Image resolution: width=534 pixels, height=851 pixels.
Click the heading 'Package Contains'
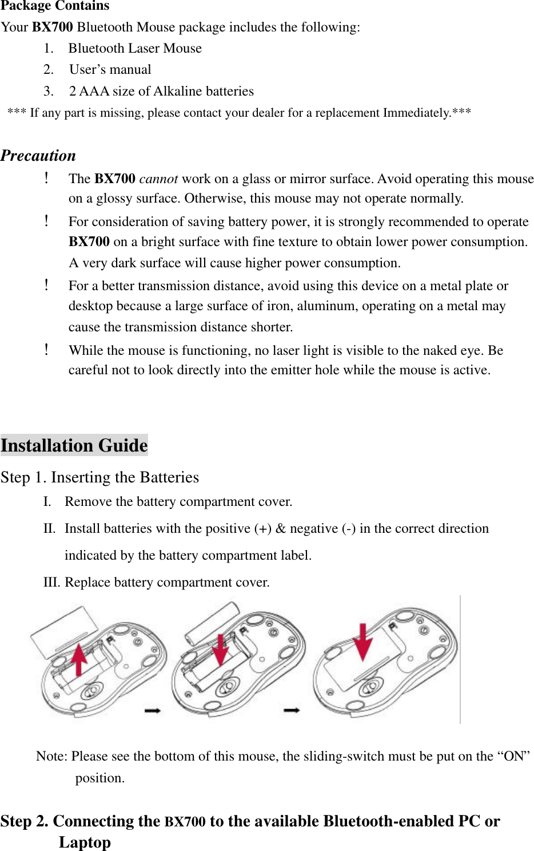55,6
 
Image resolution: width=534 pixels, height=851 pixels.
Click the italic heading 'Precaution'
38,156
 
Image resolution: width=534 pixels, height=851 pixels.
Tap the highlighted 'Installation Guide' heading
74,445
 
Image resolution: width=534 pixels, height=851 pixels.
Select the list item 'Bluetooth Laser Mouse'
135,49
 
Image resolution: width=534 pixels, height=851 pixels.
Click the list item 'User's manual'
110,70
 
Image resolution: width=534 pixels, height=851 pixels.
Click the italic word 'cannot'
158,179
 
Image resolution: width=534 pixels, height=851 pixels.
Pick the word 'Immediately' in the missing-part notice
416,113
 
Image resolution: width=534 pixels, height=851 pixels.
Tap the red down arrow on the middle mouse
220,650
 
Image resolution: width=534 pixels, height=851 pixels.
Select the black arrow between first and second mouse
153,710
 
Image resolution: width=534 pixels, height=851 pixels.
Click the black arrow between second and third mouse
292,710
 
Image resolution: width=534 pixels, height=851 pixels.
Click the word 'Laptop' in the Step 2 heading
85,842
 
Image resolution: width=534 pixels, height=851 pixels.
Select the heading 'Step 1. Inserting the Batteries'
100,477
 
